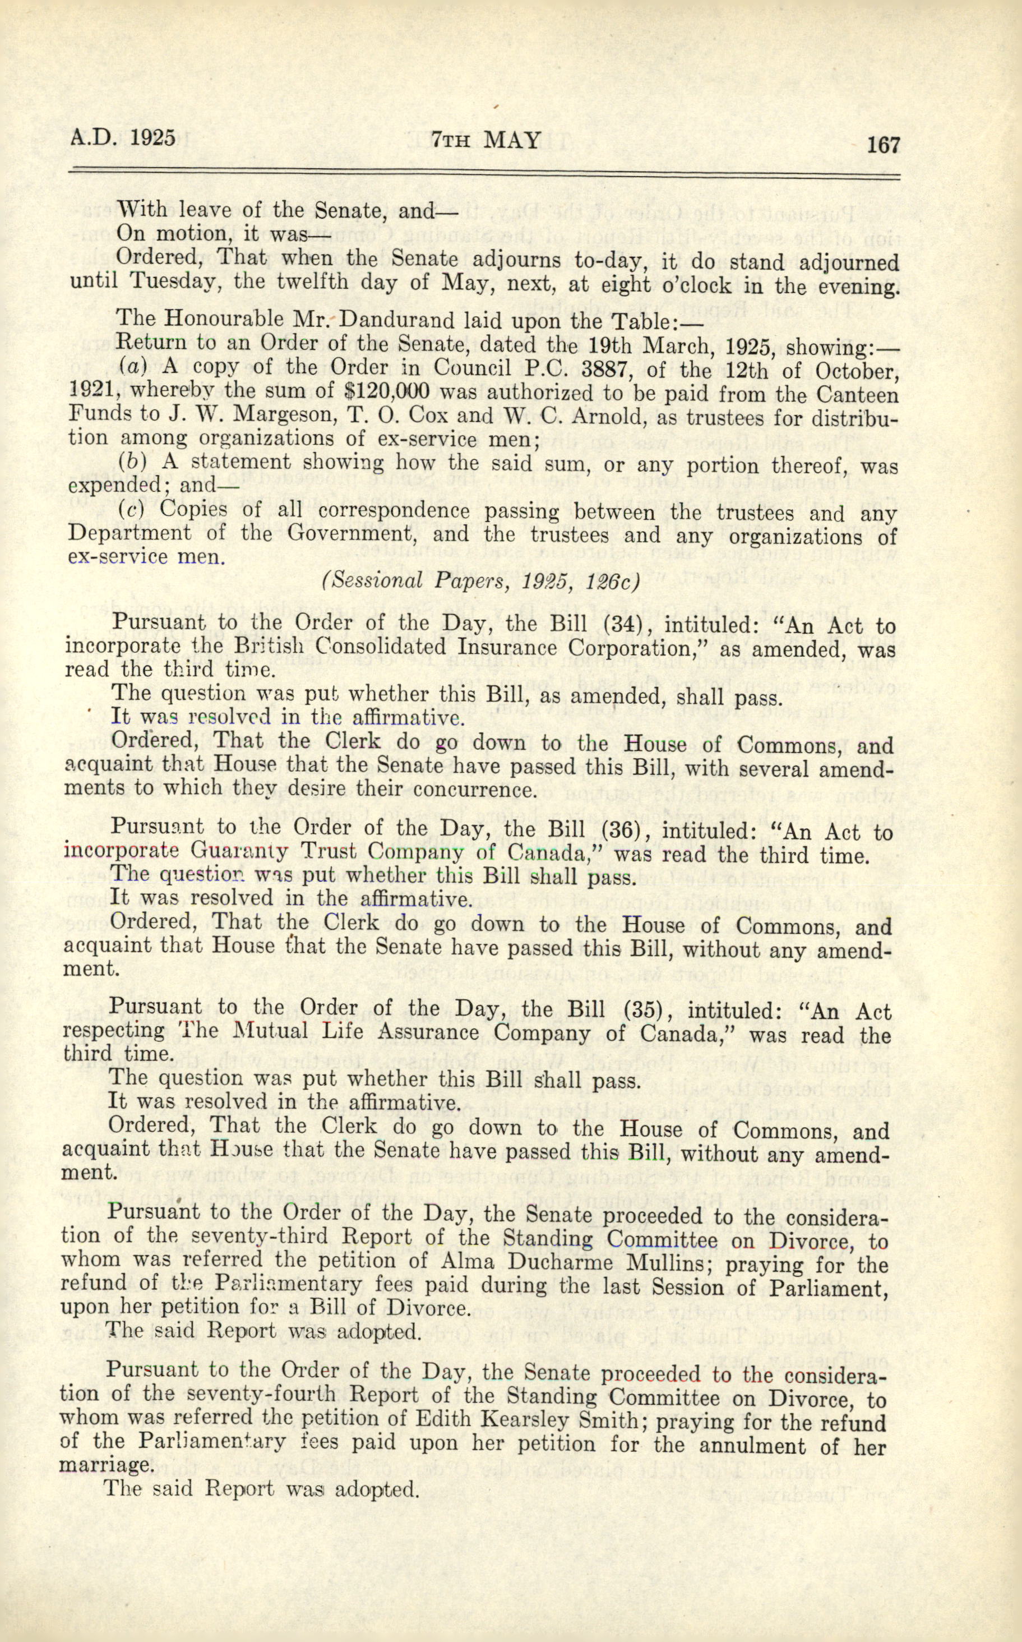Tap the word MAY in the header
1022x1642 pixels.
coord(513,140)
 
